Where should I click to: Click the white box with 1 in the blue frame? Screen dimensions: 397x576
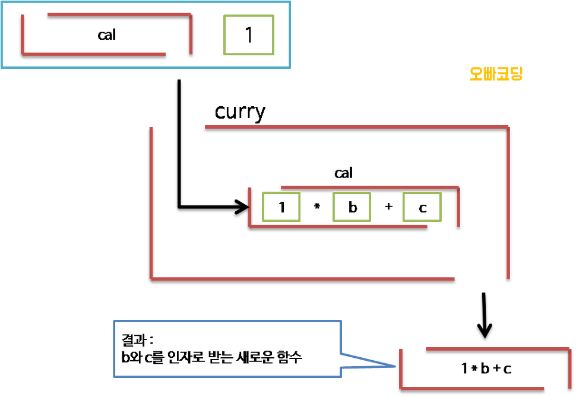[249, 35]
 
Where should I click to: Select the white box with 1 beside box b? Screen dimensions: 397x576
[282, 208]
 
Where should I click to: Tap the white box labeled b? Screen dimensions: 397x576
[352, 208]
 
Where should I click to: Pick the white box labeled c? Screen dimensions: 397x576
[422, 208]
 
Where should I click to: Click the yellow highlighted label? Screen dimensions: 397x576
[495, 74]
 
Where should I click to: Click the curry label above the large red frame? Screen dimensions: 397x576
[239, 113]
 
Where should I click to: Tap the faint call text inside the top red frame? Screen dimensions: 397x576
[107, 35]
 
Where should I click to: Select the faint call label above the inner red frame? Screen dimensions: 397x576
[344, 174]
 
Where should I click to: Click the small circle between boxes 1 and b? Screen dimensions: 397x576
[317, 206]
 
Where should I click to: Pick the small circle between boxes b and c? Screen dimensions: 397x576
[389, 207]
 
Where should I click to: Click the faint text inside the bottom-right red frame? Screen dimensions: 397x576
[486, 369]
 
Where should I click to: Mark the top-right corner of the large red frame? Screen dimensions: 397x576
[508, 126]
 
